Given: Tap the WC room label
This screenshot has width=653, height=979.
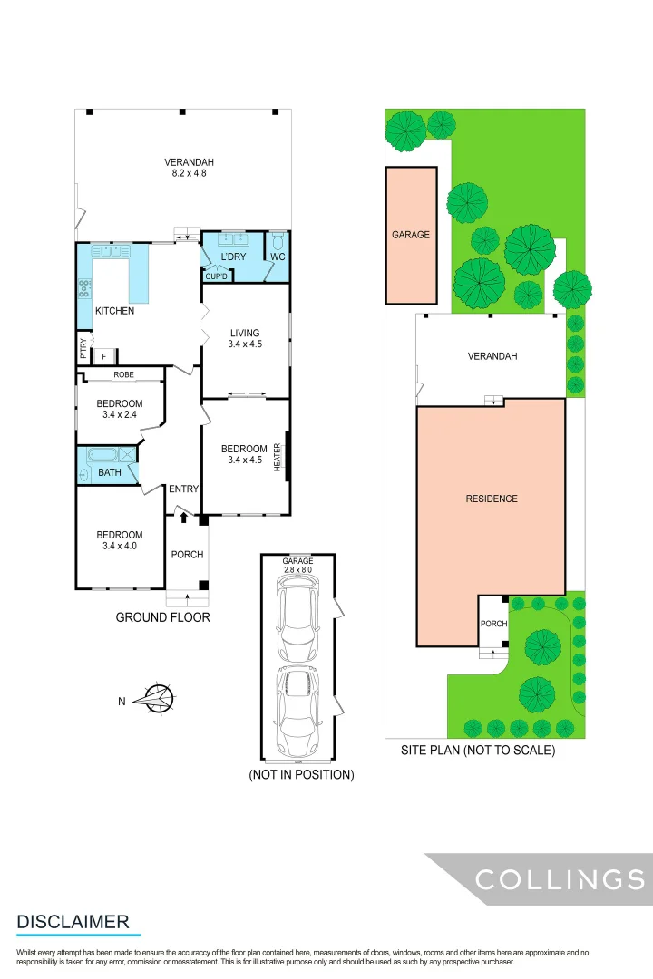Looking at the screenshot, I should [x=278, y=257].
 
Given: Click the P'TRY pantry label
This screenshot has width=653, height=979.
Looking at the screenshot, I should [x=83, y=348].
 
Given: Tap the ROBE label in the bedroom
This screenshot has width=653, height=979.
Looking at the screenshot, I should [x=123, y=374].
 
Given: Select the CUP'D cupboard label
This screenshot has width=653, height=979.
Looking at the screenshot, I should [x=216, y=276].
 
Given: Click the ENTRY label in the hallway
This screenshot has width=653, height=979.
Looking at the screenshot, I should [x=183, y=489].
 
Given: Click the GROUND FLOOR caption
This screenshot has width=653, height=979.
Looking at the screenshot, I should [x=162, y=617].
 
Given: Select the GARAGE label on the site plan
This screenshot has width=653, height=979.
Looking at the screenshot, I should [x=411, y=234].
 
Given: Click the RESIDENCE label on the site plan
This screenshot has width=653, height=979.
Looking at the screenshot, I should [x=491, y=499].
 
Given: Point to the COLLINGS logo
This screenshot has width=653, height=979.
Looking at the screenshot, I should [x=560, y=878].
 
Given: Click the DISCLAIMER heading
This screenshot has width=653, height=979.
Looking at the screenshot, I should [x=73, y=922].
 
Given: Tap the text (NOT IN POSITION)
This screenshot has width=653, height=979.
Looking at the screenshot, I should [x=301, y=775].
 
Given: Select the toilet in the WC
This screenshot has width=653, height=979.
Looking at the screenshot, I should [x=278, y=241].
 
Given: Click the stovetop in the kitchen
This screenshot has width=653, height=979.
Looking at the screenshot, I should [x=84, y=289].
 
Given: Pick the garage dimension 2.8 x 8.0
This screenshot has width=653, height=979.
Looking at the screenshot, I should [x=297, y=571].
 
